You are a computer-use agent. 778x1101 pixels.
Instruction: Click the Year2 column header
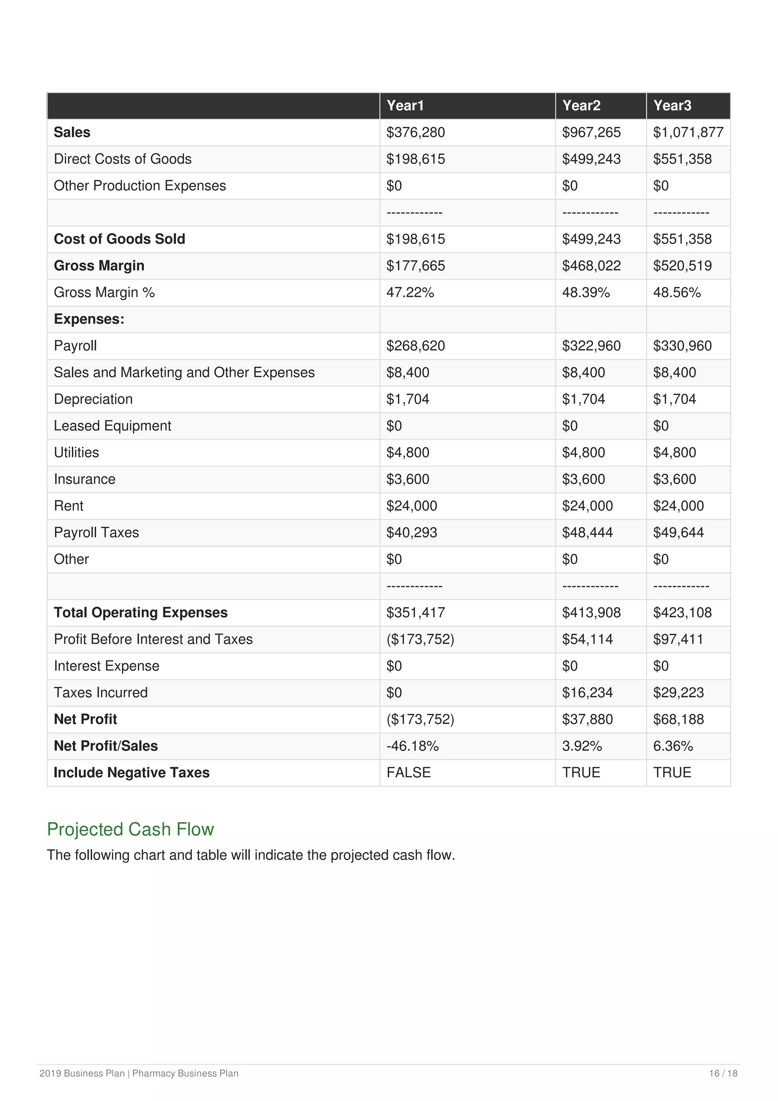point(581,106)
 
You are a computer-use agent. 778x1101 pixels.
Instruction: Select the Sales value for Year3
point(688,132)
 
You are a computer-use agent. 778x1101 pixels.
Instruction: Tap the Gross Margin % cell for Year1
point(410,293)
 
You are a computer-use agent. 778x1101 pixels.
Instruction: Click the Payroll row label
point(75,346)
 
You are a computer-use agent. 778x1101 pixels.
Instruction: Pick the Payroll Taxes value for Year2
point(587,532)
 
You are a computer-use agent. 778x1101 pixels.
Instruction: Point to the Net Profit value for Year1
point(420,719)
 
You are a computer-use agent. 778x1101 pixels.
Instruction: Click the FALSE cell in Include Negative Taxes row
point(408,772)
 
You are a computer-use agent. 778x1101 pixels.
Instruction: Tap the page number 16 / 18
point(723,1073)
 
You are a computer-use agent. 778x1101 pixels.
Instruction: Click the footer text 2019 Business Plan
point(82,1073)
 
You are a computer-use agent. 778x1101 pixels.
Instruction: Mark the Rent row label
point(68,506)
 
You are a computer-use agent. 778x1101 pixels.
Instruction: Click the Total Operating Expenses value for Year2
point(591,612)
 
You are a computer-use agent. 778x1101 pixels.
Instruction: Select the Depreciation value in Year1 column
point(408,399)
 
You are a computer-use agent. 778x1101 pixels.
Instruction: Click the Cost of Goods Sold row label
point(119,239)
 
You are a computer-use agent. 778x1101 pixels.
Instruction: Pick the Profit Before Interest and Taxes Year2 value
point(587,639)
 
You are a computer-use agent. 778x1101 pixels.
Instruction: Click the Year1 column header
point(405,106)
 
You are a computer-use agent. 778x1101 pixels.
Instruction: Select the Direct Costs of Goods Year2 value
point(591,159)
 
